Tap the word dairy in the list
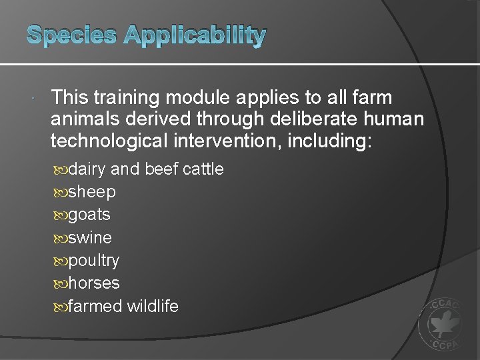(87, 169)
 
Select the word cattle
(203, 169)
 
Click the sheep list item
(92, 192)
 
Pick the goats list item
(89, 215)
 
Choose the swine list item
(90, 237)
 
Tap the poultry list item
(93, 260)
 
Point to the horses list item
(94, 283)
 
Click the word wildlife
(153, 306)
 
